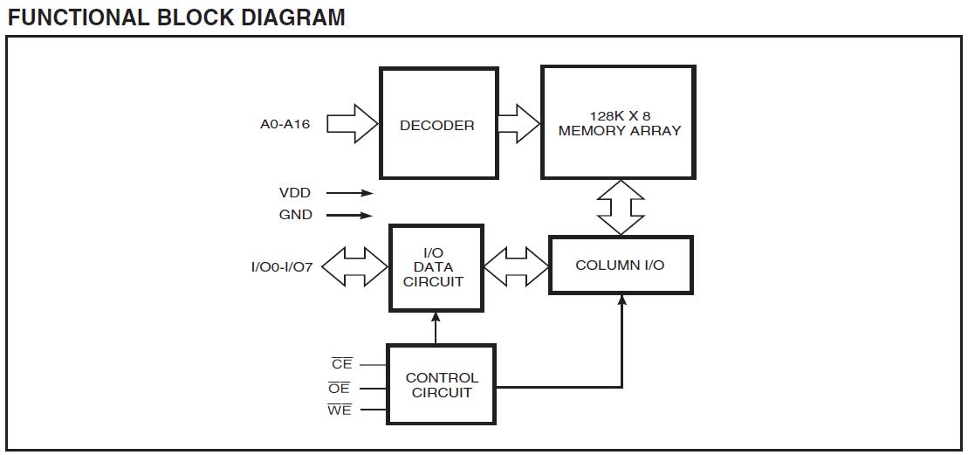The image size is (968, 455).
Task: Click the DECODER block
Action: pyautogui.click(x=438, y=123)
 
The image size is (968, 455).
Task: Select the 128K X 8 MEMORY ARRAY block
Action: pyautogui.click(x=619, y=123)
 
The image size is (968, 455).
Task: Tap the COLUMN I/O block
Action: pyautogui.click(x=620, y=265)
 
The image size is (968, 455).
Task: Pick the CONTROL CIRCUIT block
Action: pyautogui.click(x=441, y=385)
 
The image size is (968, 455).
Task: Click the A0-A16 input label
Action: pyautogui.click(x=285, y=124)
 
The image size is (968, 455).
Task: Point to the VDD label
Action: pyautogui.click(x=295, y=193)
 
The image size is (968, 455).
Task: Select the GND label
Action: pyautogui.click(x=295, y=215)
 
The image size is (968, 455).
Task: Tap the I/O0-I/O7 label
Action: pyautogui.click(x=281, y=267)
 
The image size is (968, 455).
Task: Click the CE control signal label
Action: pyautogui.click(x=341, y=364)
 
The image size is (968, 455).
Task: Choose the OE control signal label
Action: pyautogui.click(x=340, y=388)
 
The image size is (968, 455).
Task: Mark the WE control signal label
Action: pyautogui.click(x=340, y=410)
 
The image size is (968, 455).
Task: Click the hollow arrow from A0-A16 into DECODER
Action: pyautogui.click(x=352, y=123)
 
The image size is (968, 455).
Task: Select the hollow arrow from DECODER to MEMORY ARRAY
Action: pyautogui.click(x=518, y=123)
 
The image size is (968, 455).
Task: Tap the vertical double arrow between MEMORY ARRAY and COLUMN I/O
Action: pyautogui.click(x=620, y=208)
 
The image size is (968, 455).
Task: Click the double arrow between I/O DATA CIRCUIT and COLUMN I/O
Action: pyautogui.click(x=516, y=266)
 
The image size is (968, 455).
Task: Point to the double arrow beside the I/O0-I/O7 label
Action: pyautogui.click(x=354, y=267)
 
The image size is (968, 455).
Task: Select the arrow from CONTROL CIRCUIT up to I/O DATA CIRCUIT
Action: pyautogui.click(x=434, y=328)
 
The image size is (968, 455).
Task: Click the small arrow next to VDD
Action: pyautogui.click(x=350, y=194)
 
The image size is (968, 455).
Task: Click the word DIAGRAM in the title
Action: pyautogui.click(x=288, y=17)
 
